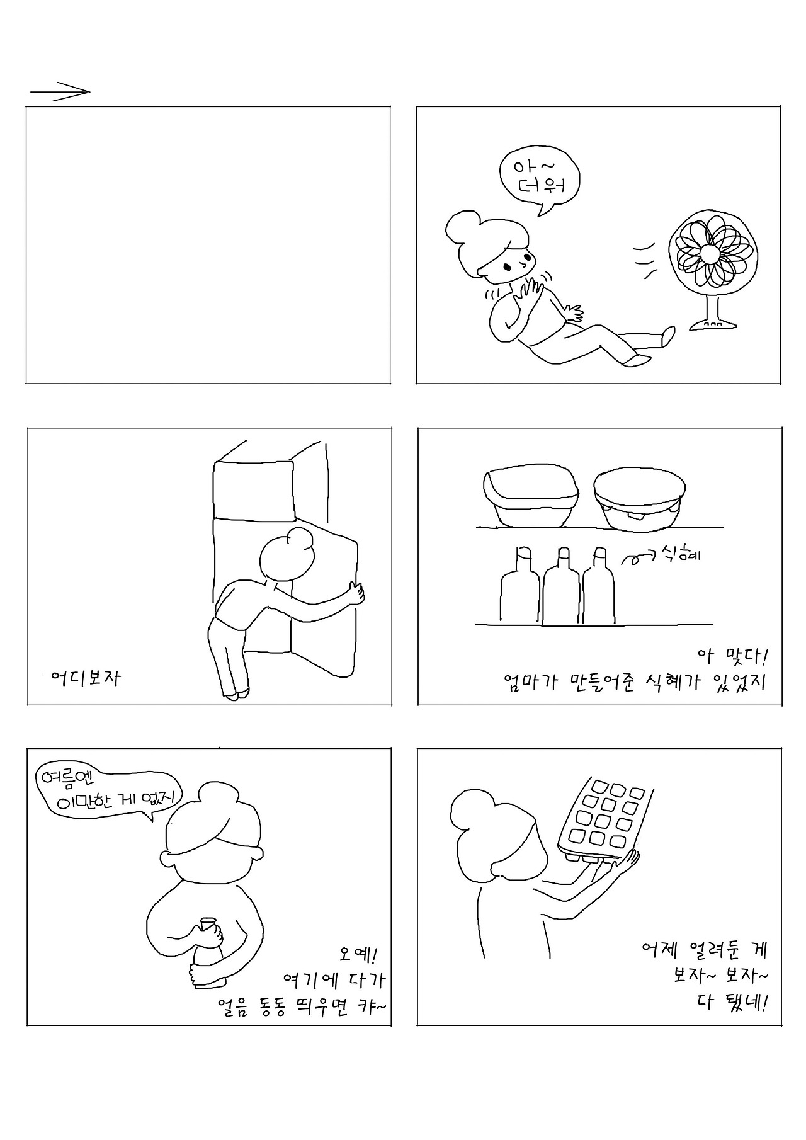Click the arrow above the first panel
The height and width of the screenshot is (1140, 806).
[x=60, y=92]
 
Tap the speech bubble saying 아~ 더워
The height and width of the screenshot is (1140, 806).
[x=538, y=178]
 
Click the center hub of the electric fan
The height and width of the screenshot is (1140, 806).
[x=709, y=253]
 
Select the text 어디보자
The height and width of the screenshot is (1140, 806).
[x=86, y=678]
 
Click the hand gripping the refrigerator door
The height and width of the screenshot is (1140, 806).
[x=356, y=593]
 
